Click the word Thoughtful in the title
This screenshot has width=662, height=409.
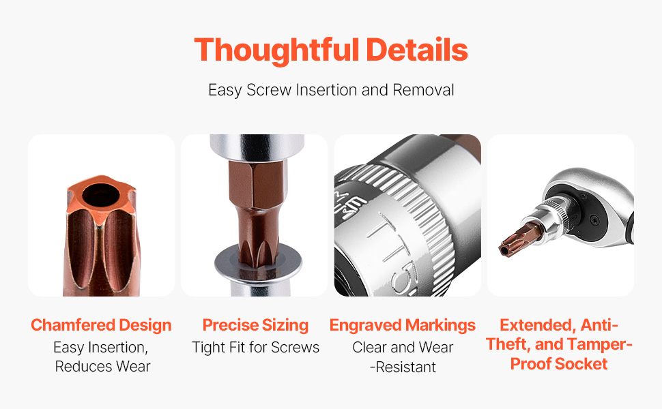click(x=276, y=50)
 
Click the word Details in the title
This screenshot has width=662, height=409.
click(x=417, y=50)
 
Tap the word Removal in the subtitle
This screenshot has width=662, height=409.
click(x=423, y=90)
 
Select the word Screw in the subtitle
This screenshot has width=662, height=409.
click(x=269, y=90)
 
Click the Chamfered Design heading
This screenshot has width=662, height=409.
click(x=101, y=325)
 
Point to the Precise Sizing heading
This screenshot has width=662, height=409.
click(x=255, y=325)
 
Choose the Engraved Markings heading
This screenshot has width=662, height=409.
click(x=403, y=325)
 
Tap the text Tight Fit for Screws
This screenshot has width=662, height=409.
click(x=255, y=348)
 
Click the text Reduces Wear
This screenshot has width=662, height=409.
click(x=102, y=367)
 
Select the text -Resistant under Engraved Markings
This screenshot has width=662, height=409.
click(x=403, y=367)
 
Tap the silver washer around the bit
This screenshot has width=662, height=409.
click(x=258, y=264)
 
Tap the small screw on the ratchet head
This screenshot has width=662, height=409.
click(x=594, y=219)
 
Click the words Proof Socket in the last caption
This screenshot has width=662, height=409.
click(x=559, y=364)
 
